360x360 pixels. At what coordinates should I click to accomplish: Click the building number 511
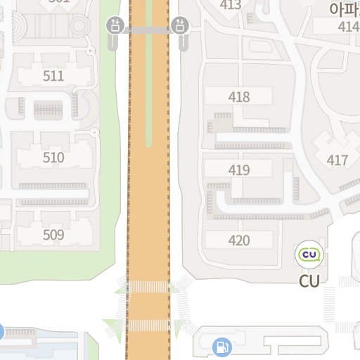(53, 76)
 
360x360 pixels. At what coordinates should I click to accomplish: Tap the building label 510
(53, 157)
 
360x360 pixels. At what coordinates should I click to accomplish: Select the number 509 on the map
(53, 235)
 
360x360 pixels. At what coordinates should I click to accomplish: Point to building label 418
(239, 97)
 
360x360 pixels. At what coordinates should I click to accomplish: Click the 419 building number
(239, 169)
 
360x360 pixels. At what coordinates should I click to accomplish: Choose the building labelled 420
(239, 240)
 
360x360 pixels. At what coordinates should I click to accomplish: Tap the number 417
(337, 160)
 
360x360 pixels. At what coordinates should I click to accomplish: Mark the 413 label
(231, 5)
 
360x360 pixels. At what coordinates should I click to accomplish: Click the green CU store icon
(309, 254)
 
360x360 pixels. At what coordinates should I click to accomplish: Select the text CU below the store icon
(309, 281)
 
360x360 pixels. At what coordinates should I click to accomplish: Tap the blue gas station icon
(221, 346)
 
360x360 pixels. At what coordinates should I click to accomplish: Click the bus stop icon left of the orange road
(115, 26)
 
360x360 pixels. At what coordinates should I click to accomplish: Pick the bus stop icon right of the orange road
(181, 26)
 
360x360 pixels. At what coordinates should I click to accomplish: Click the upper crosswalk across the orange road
(148, 287)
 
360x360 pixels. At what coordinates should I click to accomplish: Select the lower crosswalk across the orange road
(148, 326)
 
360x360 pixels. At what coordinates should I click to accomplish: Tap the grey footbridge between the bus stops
(148, 30)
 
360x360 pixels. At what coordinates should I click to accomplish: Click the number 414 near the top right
(348, 27)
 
